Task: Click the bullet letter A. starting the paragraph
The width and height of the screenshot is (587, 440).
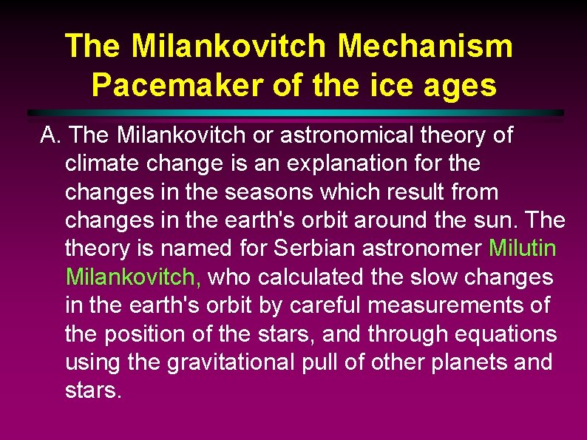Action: click(52, 135)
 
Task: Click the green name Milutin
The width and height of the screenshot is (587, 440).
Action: click(522, 248)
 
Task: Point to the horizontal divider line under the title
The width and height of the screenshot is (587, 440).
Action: click(296, 112)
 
